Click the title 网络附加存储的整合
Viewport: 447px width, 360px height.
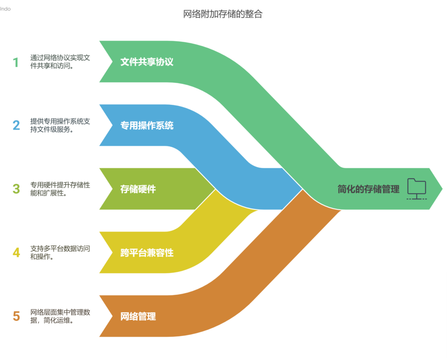point(223,14)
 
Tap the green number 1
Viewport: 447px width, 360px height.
point(16,62)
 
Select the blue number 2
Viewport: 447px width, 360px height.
point(16,126)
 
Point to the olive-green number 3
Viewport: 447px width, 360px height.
point(16,189)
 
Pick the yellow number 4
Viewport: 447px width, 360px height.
point(16,253)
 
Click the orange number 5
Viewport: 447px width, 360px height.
point(16,316)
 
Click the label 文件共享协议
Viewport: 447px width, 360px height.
point(147,62)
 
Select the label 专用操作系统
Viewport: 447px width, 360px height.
point(147,126)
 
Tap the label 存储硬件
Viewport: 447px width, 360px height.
point(138,189)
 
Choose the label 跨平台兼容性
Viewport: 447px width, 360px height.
point(147,253)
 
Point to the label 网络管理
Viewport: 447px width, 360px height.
point(138,316)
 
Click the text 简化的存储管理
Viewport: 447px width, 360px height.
point(368,189)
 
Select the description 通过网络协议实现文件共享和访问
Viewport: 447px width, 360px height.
point(60,62)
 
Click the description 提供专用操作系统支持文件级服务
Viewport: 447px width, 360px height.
point(60,126)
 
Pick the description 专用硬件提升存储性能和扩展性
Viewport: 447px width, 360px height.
point(60,189)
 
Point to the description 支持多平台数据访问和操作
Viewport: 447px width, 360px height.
point(60,253)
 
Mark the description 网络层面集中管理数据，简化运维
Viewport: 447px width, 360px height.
point(60,316)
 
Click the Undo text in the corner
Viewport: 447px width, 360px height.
point(5,9)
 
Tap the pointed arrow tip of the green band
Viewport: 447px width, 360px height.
point(440,189)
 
